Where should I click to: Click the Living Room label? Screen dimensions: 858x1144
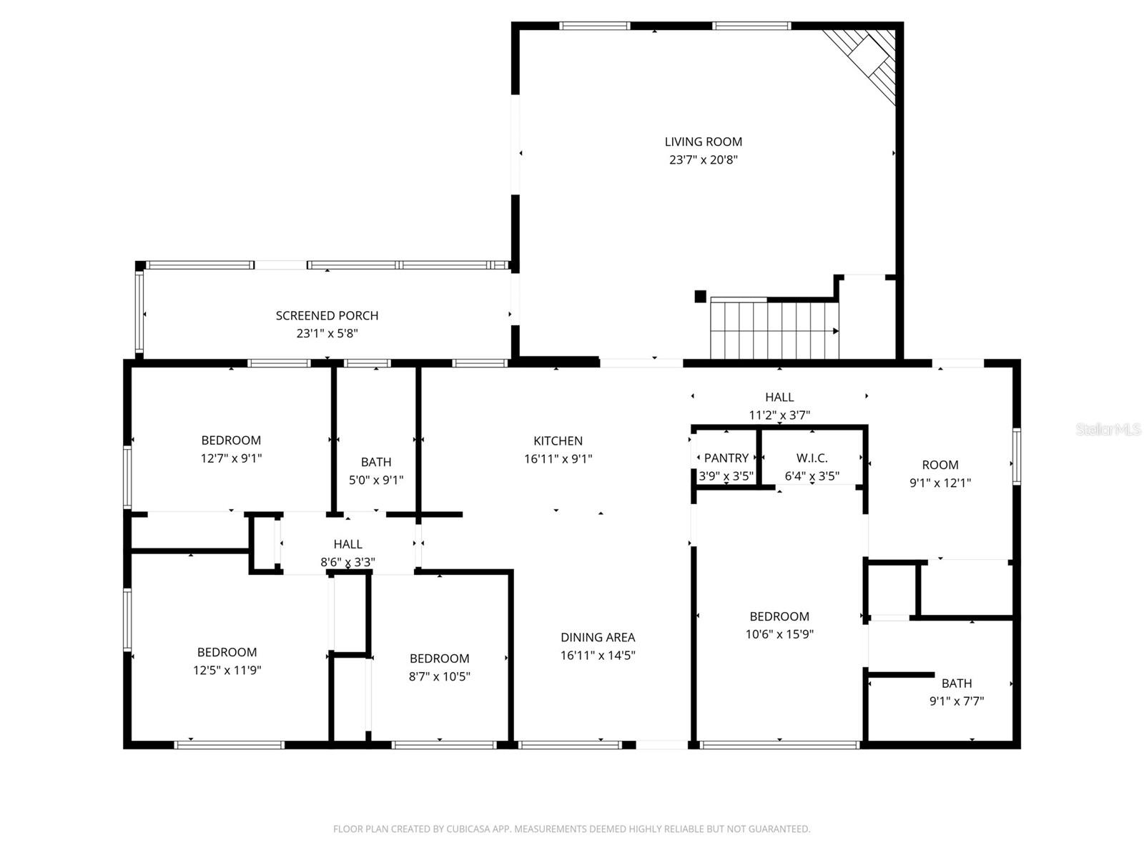[703, 142]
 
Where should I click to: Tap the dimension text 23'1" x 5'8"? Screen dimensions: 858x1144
[327, 333]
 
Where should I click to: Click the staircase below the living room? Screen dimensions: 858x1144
[774, 330]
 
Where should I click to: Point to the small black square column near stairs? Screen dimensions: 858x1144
[700, 296]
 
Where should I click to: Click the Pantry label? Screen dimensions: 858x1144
[726, 458]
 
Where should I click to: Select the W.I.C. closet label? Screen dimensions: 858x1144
[812, 458]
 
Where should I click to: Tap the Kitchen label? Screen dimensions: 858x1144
[558, 440]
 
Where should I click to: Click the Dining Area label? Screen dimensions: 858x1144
[597, 637]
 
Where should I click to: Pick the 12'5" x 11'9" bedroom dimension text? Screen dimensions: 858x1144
[227, 671]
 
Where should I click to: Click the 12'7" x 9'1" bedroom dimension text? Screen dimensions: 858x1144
[231, 458]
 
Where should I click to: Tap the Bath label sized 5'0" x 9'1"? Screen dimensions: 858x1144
[375, 462]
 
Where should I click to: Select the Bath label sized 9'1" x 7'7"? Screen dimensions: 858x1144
[956, 683]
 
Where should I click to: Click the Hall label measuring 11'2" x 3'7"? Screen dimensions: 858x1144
[779, 397]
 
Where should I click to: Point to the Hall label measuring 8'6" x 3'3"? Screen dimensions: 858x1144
[347, 544]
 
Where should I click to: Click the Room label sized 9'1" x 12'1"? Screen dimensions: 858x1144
[940, 465]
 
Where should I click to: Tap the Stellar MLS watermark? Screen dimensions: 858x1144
[1108, 430]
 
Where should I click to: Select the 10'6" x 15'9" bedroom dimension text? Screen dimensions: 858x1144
[779, 634]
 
